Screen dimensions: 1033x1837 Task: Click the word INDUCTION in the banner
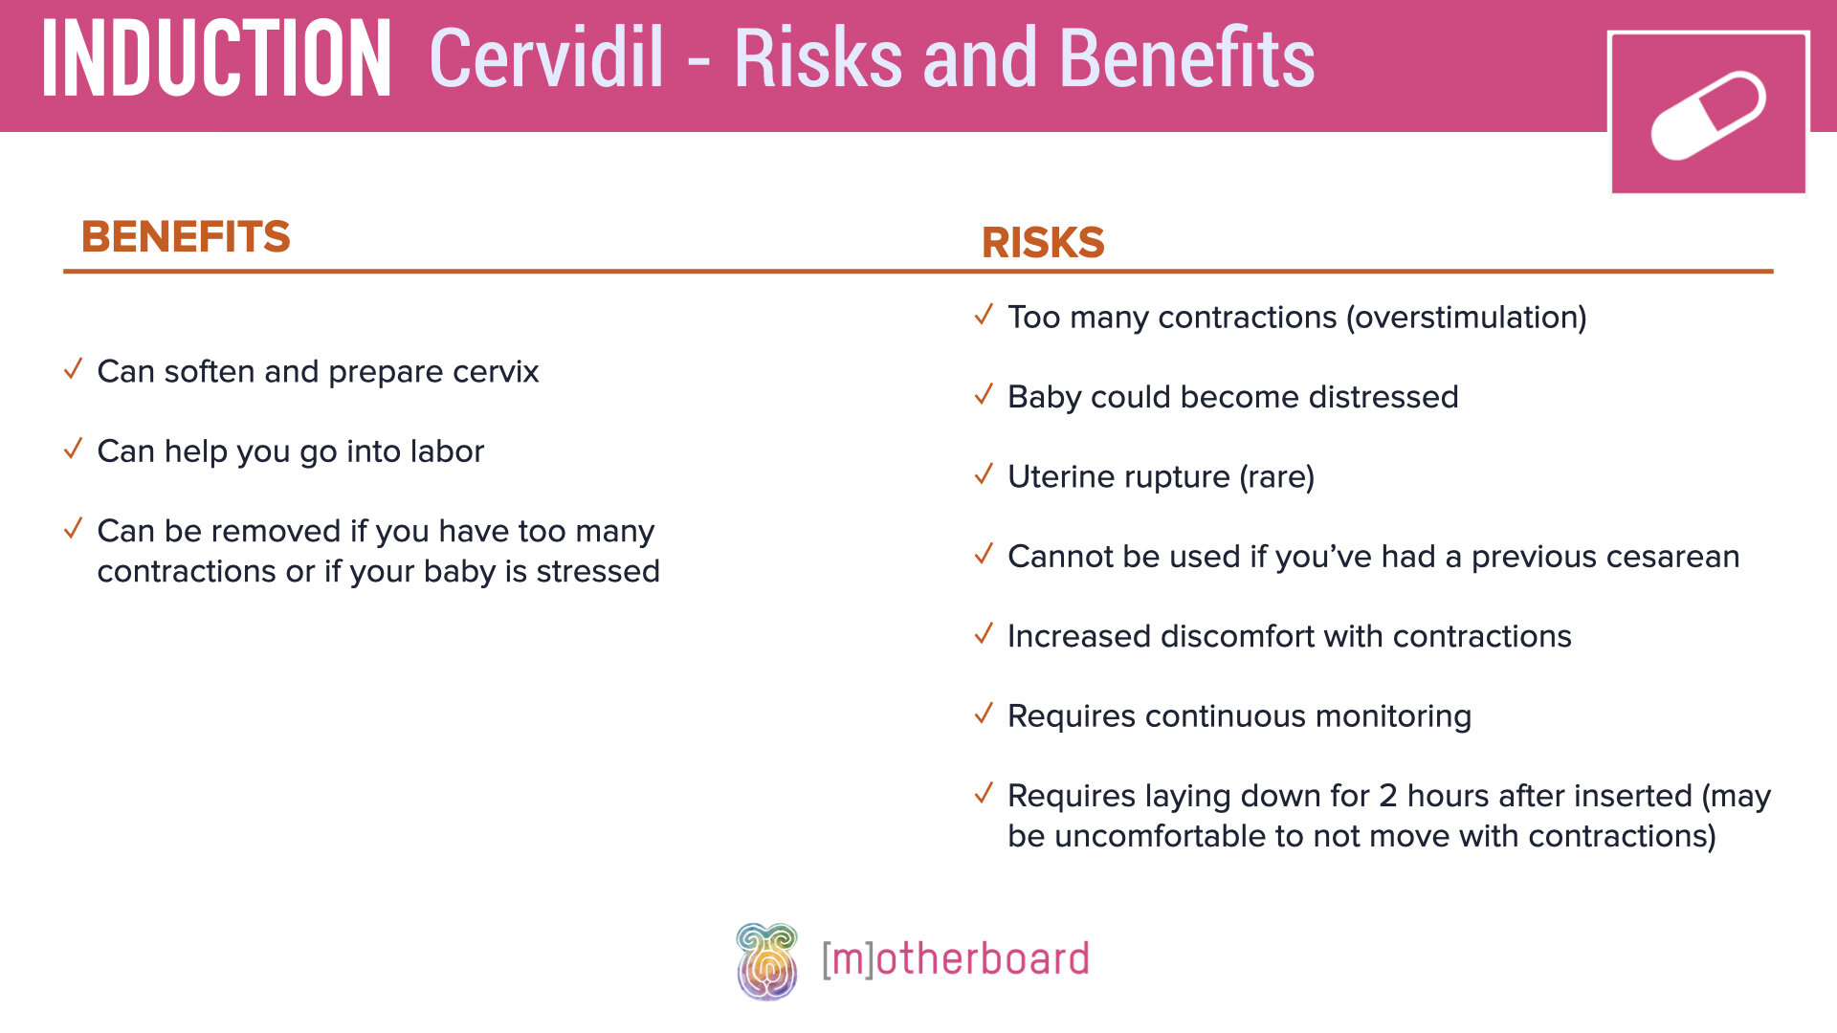pyautogui.click(x=216, y=59)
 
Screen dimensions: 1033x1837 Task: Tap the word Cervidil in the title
pyautogui.click(x=546, y=59)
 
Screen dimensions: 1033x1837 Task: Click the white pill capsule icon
pyautogui.click(x=1708, y=116)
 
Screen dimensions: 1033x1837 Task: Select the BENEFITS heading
pyautogui.click(x=186, y=236)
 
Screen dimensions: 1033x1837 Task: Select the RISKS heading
pyautogui.click(x=1043, y=242)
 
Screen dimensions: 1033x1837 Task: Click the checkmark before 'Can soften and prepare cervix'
pyautogui.click(x=74, y=369)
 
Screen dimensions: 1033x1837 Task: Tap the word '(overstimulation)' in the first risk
pyautogui.click(x=1466, y=318)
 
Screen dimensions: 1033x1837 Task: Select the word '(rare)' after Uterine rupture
pyautogui.click(x=1276, y=476)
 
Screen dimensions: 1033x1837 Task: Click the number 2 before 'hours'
pyautogui.click(x=1388, y=796)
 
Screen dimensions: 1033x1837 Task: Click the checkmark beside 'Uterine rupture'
pyautogui.click(x=984, y=474)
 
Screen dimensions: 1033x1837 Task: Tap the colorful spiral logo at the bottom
pyautogui.click(x=766, y=961)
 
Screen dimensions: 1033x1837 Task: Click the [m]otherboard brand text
pyautogui.click(x=956, y=959)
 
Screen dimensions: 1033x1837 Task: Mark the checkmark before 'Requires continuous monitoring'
pyautogui.click(x=984, y=714)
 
